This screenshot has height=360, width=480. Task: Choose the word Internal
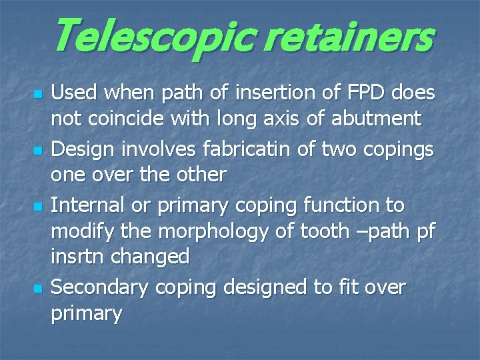pyautogui.click(x=90, y=206)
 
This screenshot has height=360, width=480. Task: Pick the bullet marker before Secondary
pyautogui.click(x=38, y=288)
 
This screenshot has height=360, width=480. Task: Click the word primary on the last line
pyautogui.click(x=86, y=313)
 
